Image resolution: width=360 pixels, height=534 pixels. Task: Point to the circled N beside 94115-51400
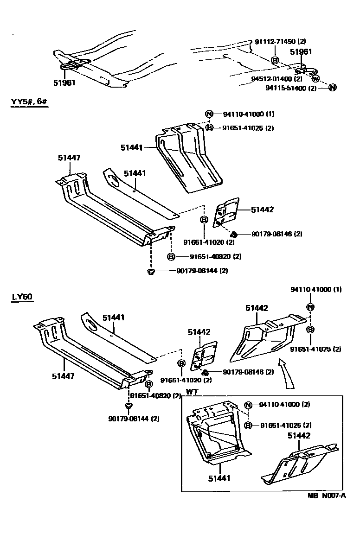pos(332,88)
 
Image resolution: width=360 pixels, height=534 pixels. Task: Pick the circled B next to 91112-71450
pos(275,60)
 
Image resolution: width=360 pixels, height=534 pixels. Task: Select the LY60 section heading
pos(22,297)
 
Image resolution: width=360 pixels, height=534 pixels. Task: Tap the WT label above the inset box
pos(192,392)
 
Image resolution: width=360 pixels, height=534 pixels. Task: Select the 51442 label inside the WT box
pos(299,435)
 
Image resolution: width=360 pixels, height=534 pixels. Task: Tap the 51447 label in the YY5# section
pos(69,158)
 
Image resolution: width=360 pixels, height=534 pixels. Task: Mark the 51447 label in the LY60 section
pos(63,376)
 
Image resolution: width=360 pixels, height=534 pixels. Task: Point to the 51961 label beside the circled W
pos(301,52)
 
